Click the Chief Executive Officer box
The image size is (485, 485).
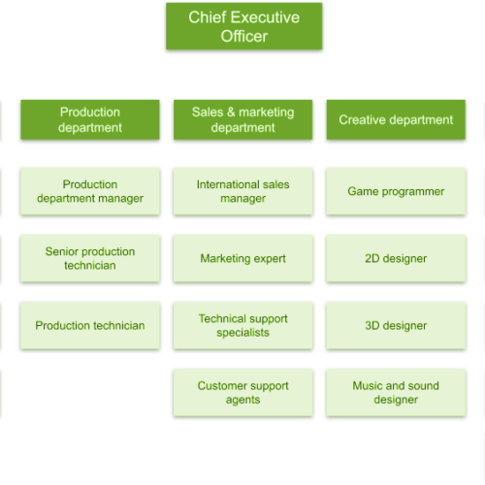point(244,26)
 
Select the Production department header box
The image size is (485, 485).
point(90,119)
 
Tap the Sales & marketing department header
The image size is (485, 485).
point(242,119)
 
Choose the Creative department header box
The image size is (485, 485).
point(396,119)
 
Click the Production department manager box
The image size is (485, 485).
point(90,191)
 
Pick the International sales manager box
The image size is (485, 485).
point(242,191)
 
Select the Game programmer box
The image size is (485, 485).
point(396,191)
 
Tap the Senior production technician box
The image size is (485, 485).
point(90,258)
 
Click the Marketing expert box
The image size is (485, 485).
point(242,258)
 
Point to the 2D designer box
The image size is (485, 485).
point(396,258)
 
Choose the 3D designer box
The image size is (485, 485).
point(396,325)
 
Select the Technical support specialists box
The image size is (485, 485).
point(242,325)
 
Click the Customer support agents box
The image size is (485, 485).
point(242,393)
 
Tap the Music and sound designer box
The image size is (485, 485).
point(396,393)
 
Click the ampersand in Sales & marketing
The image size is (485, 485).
point(231,112)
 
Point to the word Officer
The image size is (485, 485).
point(244,36)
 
